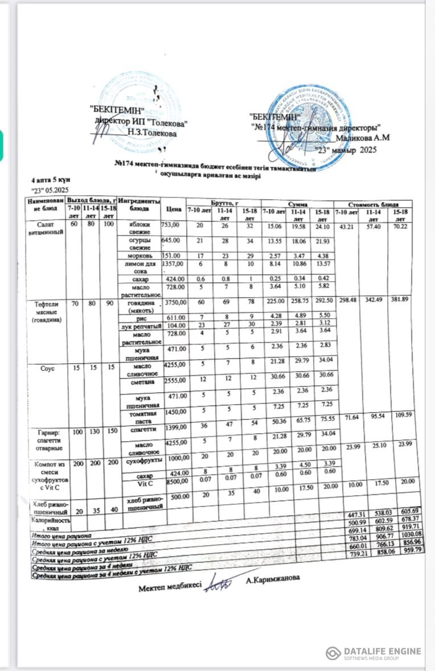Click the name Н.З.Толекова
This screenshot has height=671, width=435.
152,133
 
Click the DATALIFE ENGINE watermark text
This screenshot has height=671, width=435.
382,651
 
